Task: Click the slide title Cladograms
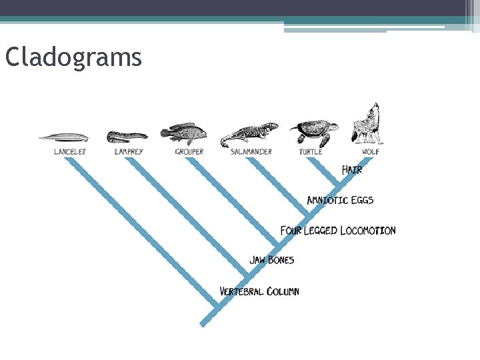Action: [x=73, y=57]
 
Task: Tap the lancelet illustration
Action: [x=64, y=137]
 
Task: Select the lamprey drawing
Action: [x=127, y=137]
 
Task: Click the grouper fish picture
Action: [x=183, y=133]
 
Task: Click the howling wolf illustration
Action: [x=367, y=125]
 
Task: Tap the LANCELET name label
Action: [x=70, y=152]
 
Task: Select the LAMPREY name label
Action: [x=129, y=152]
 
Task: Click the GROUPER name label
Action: [x=189, y=152]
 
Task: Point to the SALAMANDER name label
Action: [x=251, y=152]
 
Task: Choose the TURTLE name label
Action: [x=311, y=152]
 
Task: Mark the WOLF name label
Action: [x=371, y=152]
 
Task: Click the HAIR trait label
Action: [x=352, y=170]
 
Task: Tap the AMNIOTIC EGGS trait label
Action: [x=340, y=200]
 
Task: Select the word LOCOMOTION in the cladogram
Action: [x=367, y=231]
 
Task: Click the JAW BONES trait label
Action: [x=271, y=260]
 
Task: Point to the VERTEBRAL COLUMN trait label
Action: [x=259, y=291]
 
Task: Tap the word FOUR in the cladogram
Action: [x=291, y=231]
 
